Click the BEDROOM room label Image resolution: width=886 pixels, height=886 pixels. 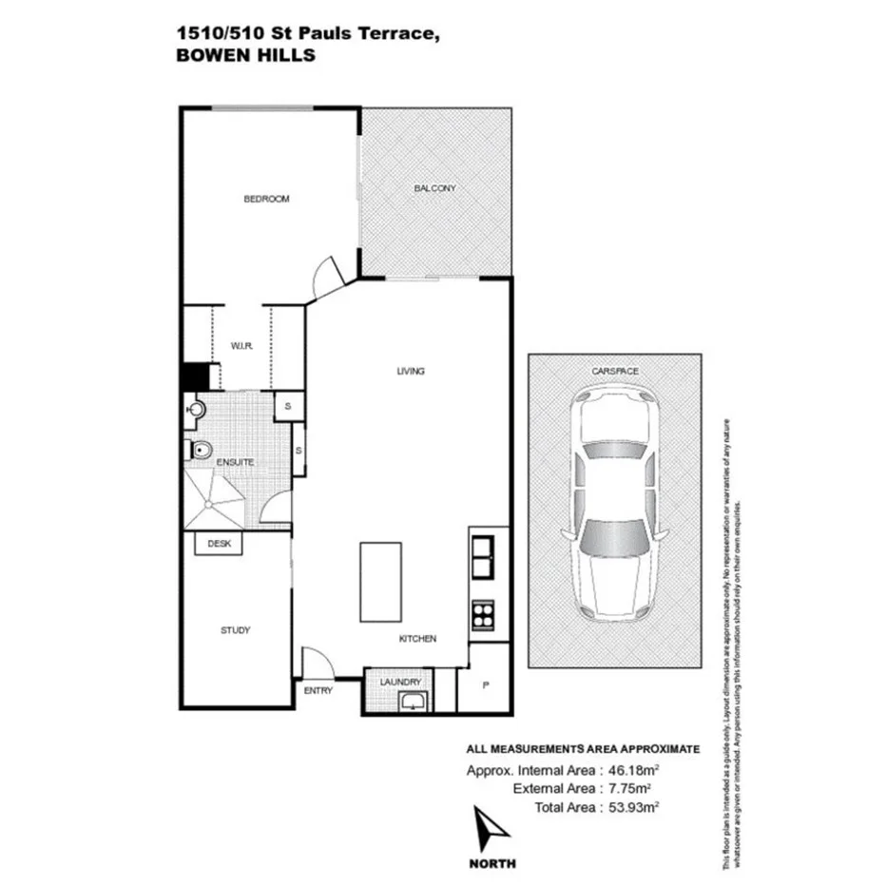tap(266, 199)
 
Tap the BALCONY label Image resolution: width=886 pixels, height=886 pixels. tap(434, 188)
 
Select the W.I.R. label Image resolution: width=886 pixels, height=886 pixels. tap(240, 346)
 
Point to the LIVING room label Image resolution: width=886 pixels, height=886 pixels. tap(410, 371)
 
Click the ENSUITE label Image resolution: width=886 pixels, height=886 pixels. tap(234, 462)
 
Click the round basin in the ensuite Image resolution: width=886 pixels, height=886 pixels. tap(196, 410)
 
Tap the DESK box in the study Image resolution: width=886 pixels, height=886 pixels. tap(219, 544)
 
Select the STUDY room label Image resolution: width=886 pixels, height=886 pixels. tap(235, 630)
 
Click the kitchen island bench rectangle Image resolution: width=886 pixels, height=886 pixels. tap(380, 581)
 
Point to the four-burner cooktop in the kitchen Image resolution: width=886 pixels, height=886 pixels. tap(482, 613)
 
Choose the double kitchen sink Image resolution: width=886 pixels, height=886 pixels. tap(482, 557)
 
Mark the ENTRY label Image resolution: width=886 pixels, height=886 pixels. tap(318, 691)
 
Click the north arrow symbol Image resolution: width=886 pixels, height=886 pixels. tap(492, 829)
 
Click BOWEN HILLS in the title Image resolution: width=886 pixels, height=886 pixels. tap(245, 55)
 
